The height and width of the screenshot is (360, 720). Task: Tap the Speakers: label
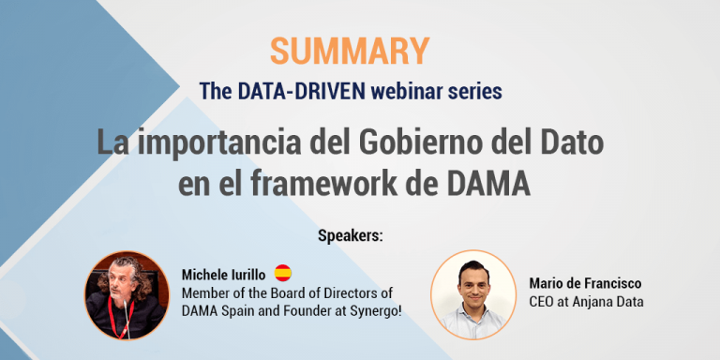click(350, 234)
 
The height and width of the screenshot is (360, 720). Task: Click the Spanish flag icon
click(283, 273)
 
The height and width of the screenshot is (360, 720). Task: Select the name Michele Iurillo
click(222, 274)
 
